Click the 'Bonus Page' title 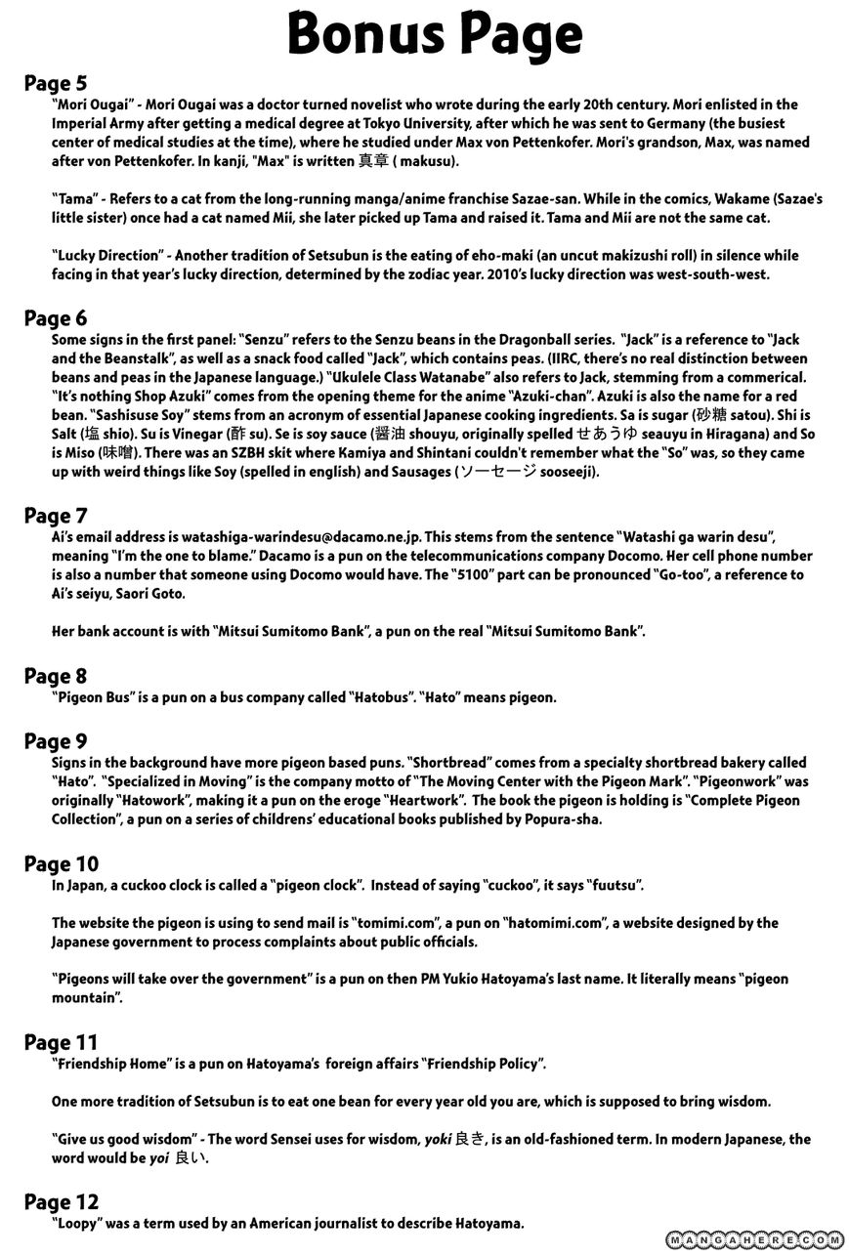[x=434, y=35]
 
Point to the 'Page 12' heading [x=62, y=1201]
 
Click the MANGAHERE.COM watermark [x=753, y=1240]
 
